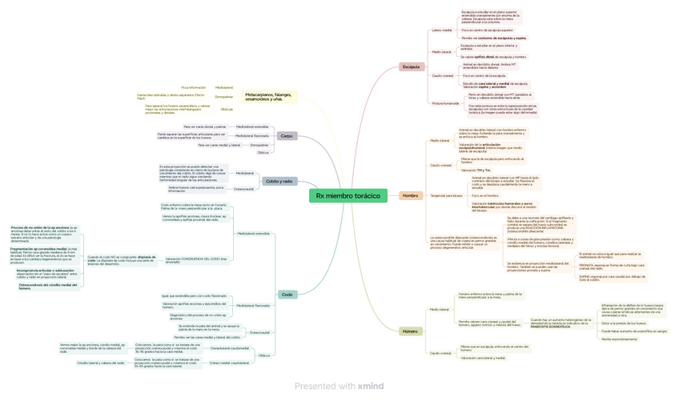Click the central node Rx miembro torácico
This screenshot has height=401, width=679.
(348, 195)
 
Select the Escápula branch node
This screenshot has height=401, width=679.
(411, 66)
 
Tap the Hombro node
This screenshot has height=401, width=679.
(410, 195)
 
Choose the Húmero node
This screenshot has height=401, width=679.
(410, 331)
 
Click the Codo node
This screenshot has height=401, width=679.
(287, 295)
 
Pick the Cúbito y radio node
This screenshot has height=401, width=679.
(279, 181)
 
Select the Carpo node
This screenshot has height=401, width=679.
(286, 136)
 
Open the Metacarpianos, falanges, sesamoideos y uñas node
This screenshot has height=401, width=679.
(268, 97)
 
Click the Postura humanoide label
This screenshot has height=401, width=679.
(445, 103)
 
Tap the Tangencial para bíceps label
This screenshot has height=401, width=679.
(446, 195)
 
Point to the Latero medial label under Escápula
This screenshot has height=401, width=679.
(442, 30)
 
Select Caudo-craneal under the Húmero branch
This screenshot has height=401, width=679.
(440, 352)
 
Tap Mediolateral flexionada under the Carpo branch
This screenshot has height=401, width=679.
(251, 136)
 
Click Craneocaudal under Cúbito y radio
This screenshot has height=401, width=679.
(243, 189)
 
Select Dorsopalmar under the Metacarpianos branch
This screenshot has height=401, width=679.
(224, 97)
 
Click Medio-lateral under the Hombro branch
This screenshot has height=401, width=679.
(440, 140)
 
